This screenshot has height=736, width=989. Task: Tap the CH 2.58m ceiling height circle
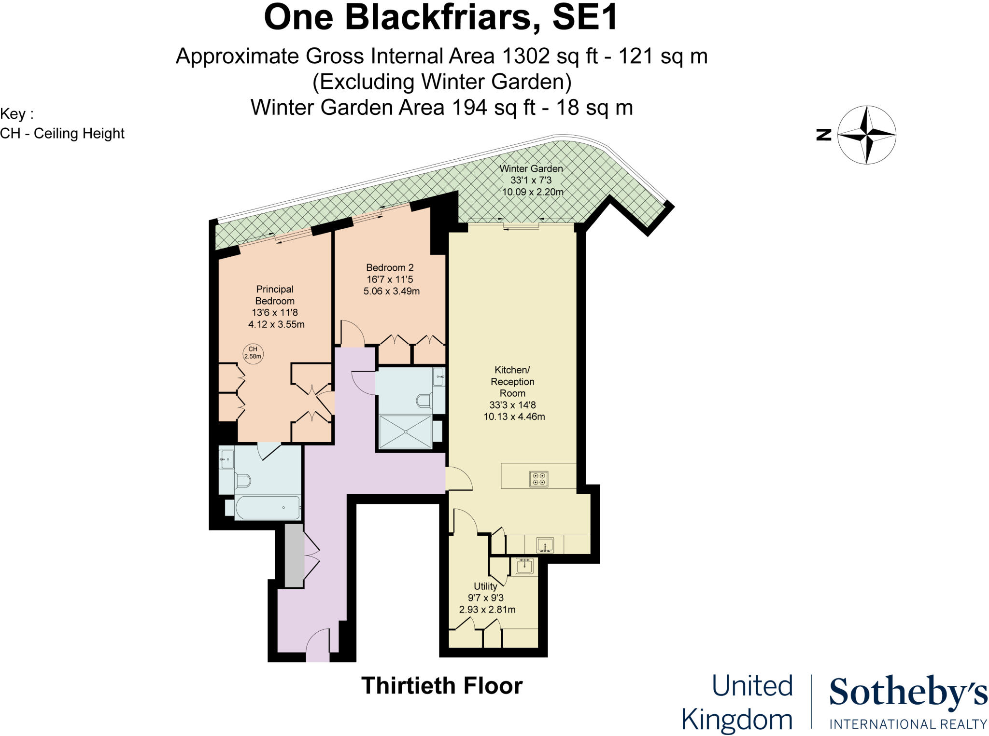(253, 353)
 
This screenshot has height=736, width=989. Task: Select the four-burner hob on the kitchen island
(538, 479)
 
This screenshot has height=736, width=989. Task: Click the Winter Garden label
(531, 168)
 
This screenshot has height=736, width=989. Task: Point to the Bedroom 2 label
(390, 267)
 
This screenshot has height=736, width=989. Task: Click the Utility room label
(485, 586)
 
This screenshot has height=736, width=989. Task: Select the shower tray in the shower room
(405, 431)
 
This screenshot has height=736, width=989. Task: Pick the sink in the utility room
(524, 566)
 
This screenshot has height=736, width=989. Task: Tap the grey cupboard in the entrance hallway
(294, 555)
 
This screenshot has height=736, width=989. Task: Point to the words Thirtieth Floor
(442, 685)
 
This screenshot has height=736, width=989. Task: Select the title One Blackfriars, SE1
(441, 17)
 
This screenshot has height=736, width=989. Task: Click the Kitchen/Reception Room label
(512, 381)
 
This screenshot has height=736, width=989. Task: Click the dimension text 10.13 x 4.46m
(514, 417)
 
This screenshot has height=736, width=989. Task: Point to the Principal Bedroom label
(275, 295)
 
